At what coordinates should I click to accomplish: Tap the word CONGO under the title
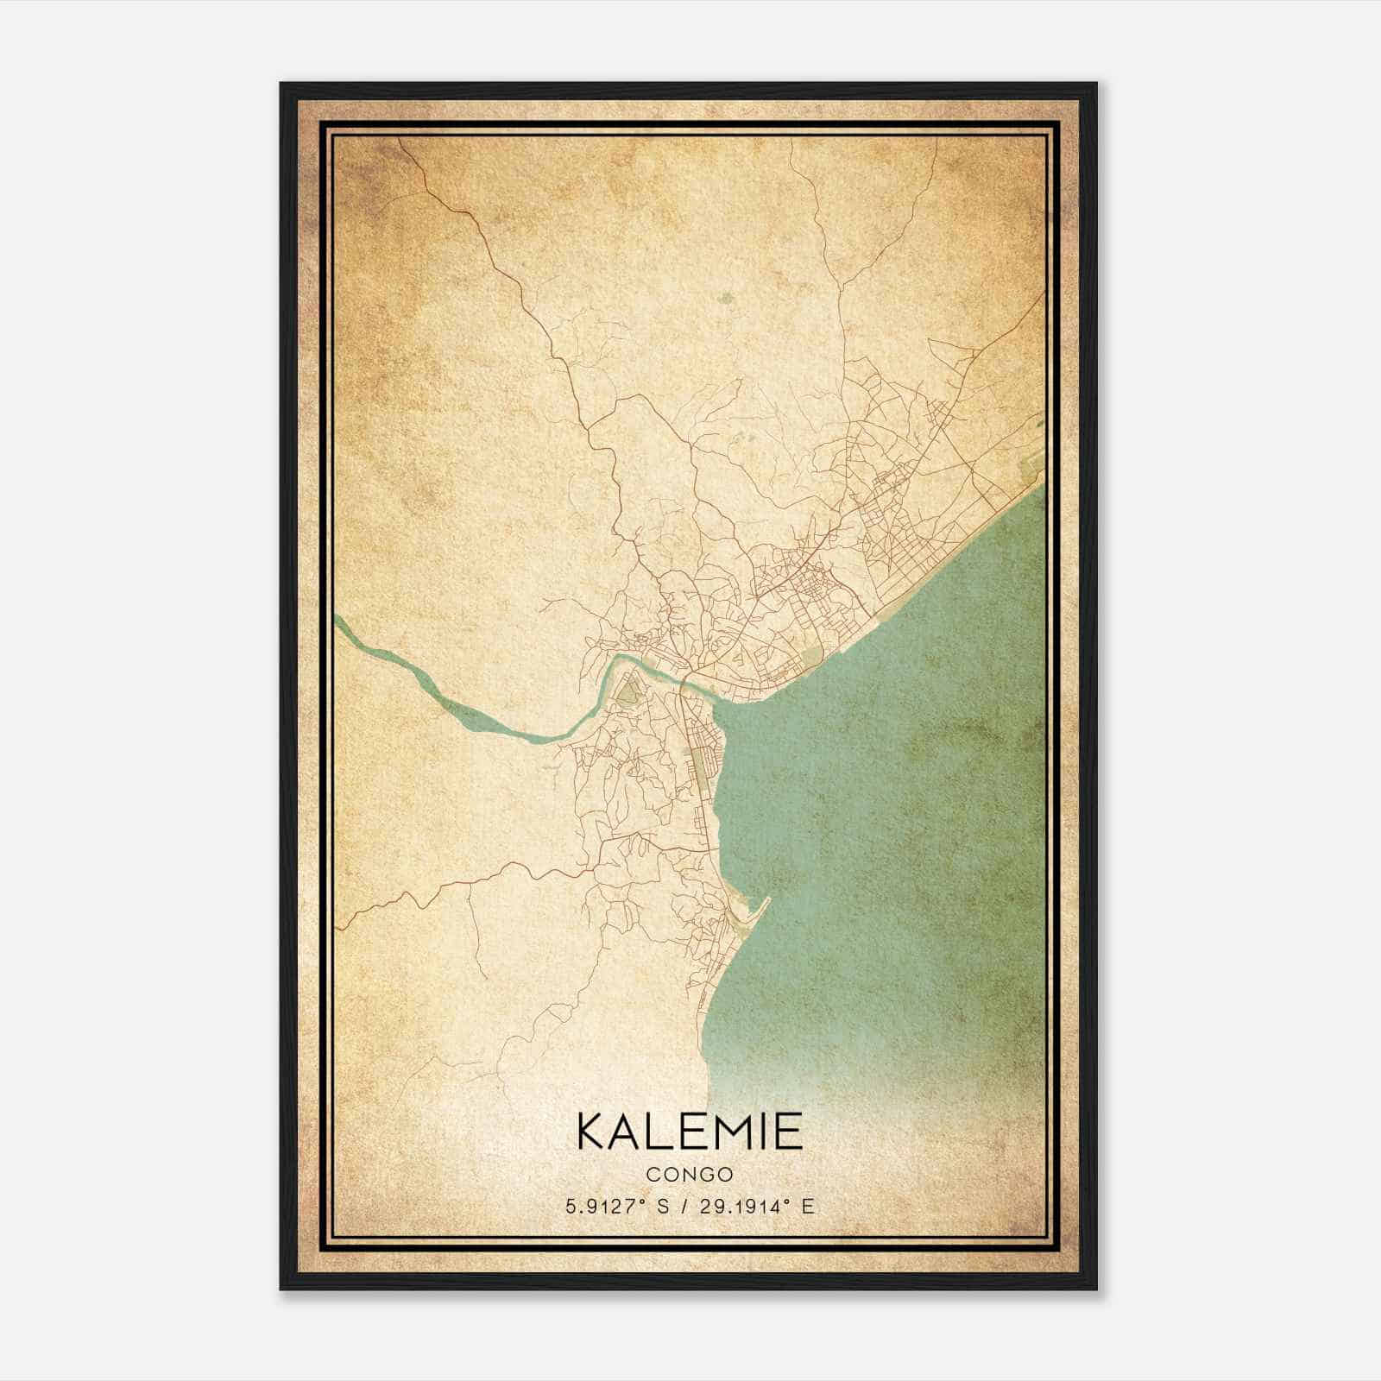tap(689, 1175)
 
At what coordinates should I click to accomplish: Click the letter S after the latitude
tap(662, 1207)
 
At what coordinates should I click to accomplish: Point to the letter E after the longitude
tap(807, 1207)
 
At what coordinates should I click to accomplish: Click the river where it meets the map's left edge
tap(338, 621)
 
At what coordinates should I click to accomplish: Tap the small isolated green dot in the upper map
tap(726, 299)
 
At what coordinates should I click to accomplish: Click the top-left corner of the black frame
tap(282, 85)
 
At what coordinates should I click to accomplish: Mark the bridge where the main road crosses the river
tap(682, 682)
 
